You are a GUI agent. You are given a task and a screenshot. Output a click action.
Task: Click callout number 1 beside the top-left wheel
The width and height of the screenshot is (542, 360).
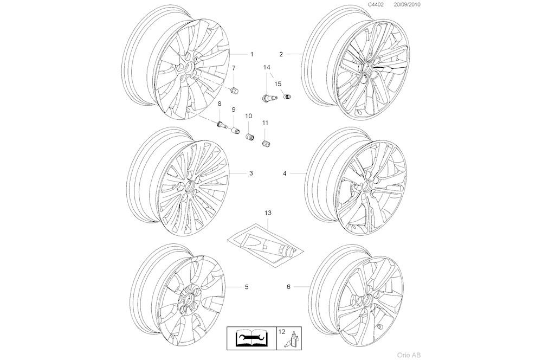click(251, 54)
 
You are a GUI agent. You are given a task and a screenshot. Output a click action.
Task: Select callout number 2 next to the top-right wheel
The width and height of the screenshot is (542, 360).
click(281, 54)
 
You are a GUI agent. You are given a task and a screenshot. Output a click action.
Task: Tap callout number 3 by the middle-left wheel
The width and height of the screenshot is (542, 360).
click(251, 173)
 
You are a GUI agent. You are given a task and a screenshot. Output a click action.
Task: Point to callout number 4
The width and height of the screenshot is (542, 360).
click(284, 173)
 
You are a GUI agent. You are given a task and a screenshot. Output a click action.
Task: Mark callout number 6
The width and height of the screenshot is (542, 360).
click(288, 286)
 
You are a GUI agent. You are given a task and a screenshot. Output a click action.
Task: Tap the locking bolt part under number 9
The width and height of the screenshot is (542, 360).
click(236, 131)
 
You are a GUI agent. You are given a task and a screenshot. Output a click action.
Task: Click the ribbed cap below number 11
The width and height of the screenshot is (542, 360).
click(266, 144)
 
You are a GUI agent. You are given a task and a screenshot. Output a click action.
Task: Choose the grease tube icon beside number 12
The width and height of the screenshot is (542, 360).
click(293, 340)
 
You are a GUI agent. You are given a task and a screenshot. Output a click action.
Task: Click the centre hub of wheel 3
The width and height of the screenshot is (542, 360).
click(190, 185)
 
